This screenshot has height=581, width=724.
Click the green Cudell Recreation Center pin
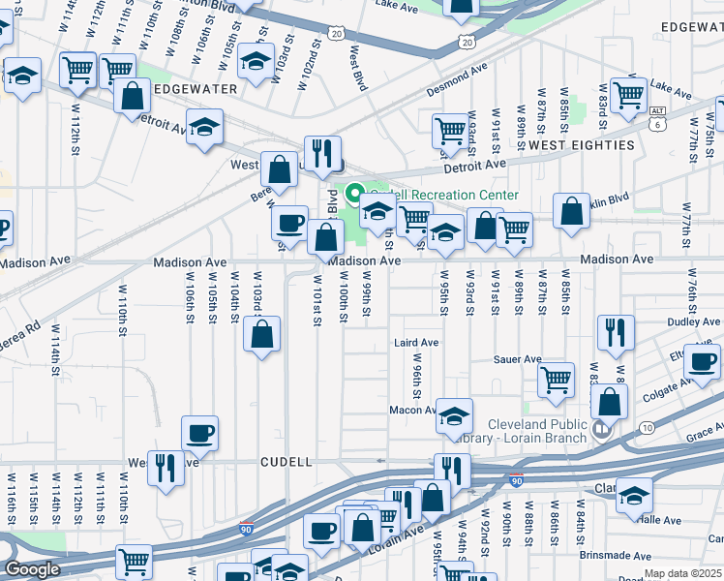[x=355, y=194]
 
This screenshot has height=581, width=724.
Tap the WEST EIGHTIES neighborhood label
[x=581, y=145]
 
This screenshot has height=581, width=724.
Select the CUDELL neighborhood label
[x=287, y=463]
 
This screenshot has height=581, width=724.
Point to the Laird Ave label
[x=416, y=343]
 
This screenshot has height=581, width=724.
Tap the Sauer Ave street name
[x=518, y=359]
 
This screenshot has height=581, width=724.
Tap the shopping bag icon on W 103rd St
[x=262, y=335]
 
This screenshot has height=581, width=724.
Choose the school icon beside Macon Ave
[x=454, y=416]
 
